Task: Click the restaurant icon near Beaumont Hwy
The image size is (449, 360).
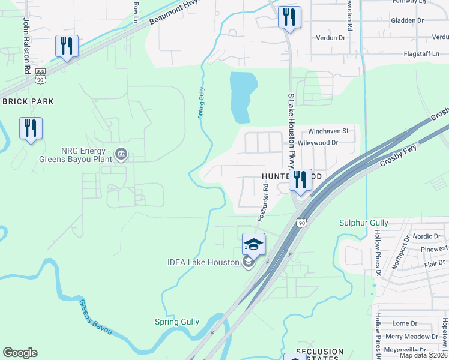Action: tap(67, 46)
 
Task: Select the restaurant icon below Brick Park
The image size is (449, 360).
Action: tap(31, 128)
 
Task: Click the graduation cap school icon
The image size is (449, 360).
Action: tap(253, 245)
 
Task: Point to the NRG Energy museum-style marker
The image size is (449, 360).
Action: tap(121, 154)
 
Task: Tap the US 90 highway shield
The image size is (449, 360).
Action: tap(301, 223)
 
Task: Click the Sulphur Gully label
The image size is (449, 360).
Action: tap(364, 223)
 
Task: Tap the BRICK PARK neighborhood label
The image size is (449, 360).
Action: tap(28, 101)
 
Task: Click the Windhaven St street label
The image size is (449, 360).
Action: tap(328, 131)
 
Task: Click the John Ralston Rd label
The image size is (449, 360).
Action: tap(27, 45)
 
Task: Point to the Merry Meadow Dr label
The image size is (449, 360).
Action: tap(412, 337)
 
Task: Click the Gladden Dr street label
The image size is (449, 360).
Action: tap(407, 20)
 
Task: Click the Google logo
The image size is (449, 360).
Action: tap(20, 352)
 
